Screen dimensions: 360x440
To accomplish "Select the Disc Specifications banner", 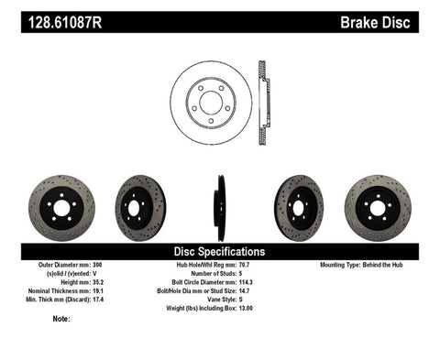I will pyautogui.click(x=220, y=250).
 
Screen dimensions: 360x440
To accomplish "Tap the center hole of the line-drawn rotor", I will pyautogui.click(x=211, y=99).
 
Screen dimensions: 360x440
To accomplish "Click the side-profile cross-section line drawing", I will pyautogui.click(x=264, y=99).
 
